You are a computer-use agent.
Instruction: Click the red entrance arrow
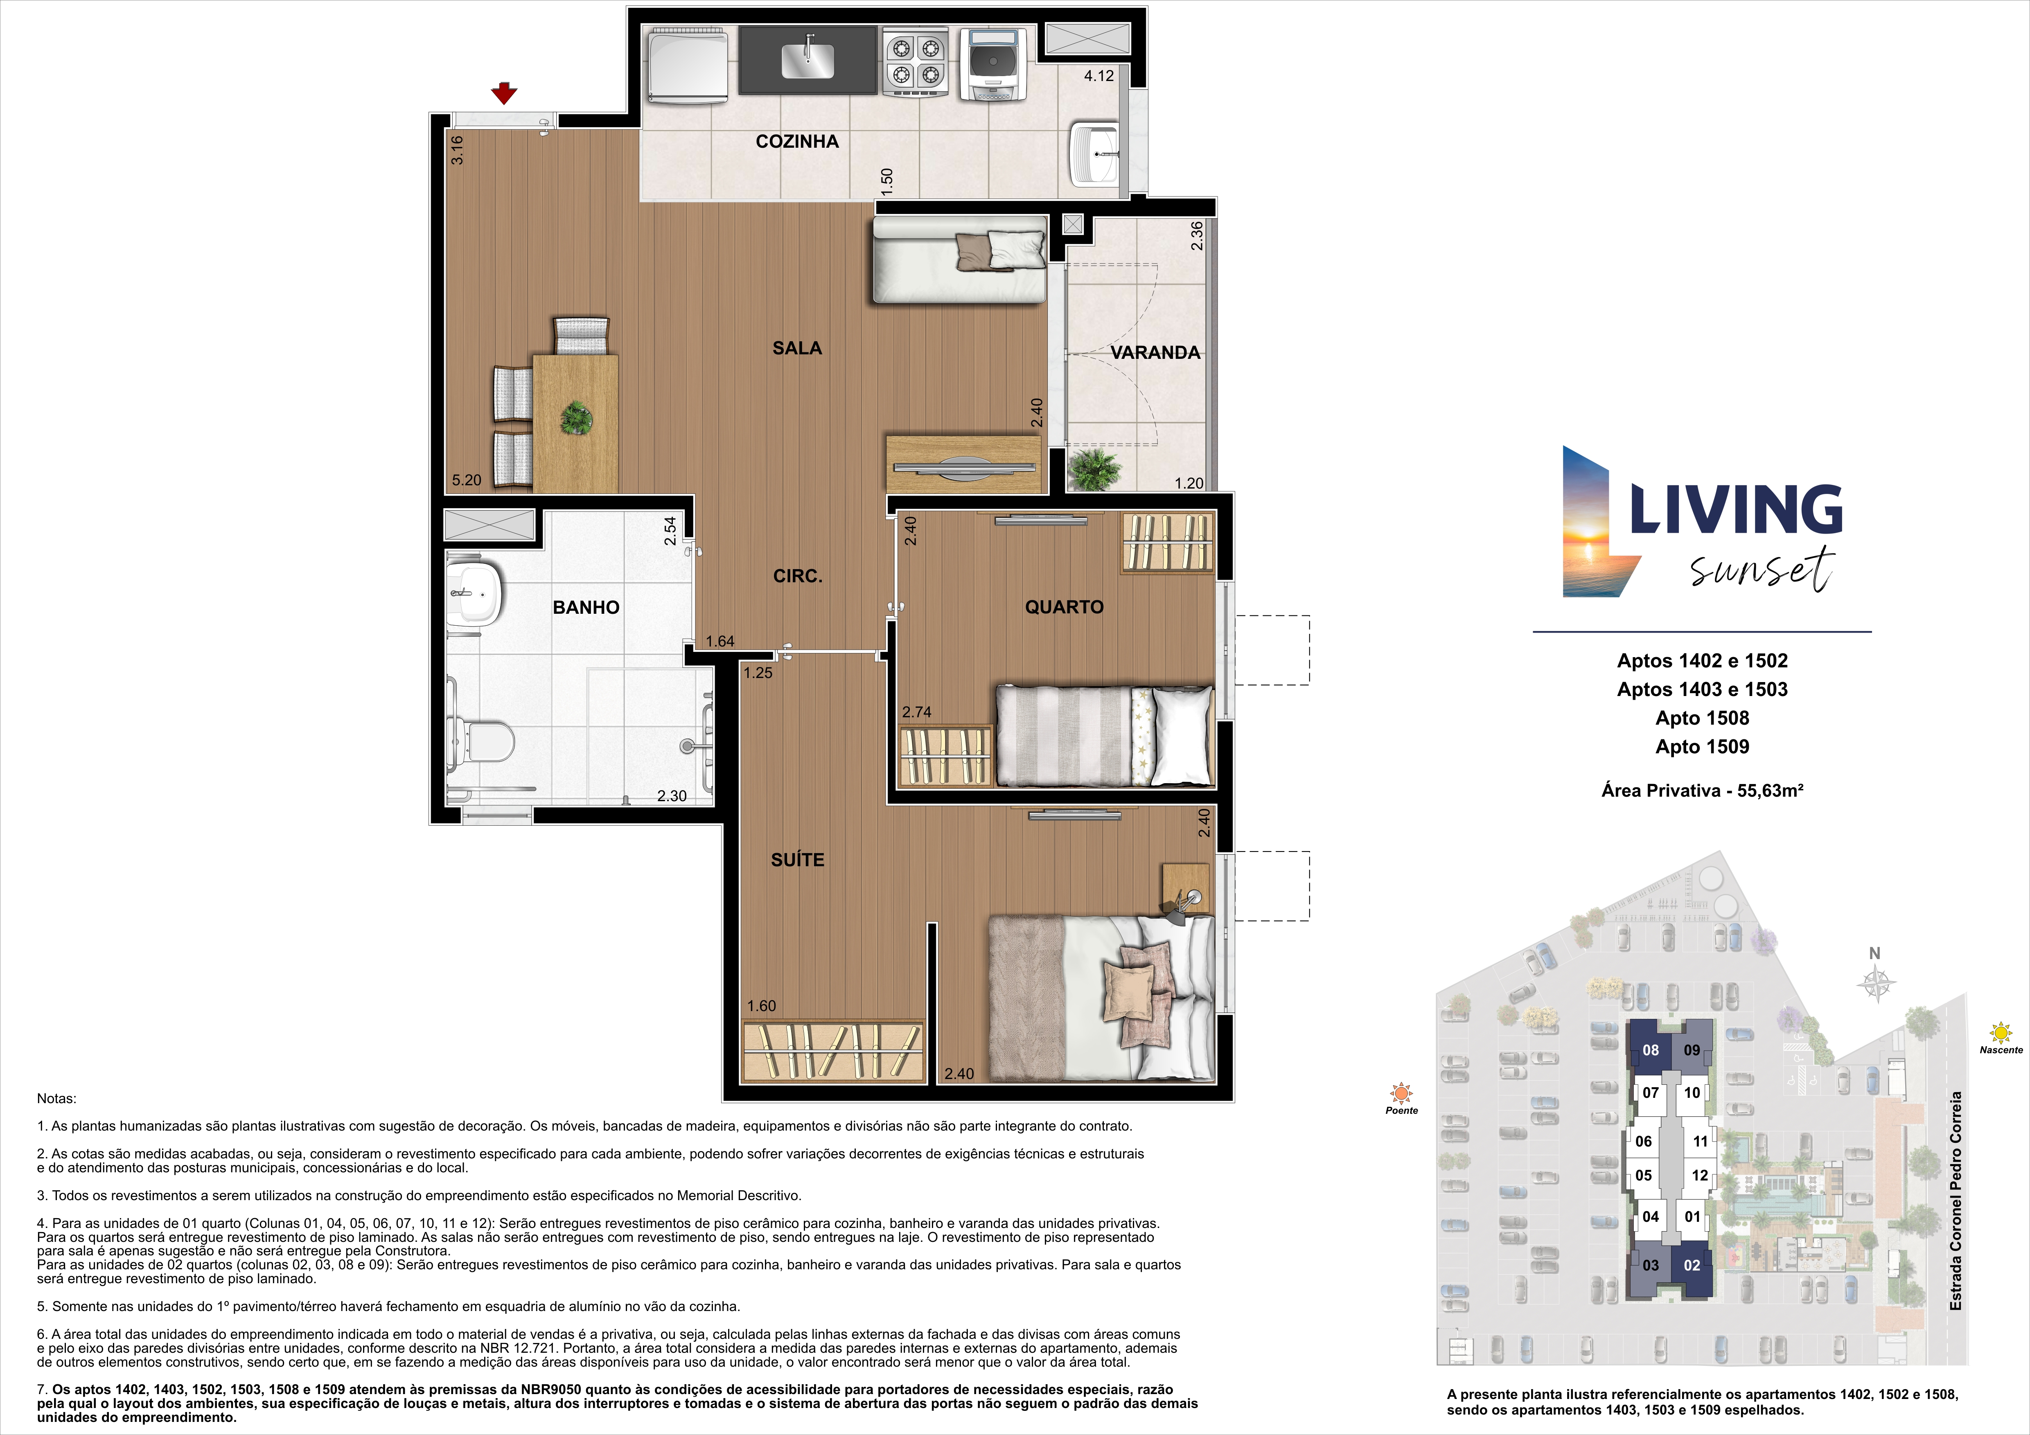tap(504, 93)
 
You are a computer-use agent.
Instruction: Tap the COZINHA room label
tap(796, 142)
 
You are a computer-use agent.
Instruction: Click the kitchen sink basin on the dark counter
tap(808, 59)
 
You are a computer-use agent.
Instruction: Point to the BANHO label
tap(586, 607)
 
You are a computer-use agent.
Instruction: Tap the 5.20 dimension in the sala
tap(467, 480)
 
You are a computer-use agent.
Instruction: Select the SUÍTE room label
tap(798, 859)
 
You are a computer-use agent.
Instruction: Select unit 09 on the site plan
tap(1692, 1050)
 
